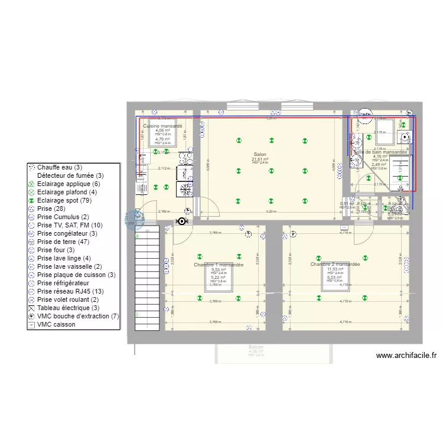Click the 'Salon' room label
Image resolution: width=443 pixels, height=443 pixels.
click(x=260, y=154)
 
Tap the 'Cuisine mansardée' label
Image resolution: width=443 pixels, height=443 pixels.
click(x=162, y=126)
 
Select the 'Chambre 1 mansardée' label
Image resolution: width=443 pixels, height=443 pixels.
click(x=219, y=265)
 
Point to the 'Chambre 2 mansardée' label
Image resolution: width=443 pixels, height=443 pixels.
click(x=335, y=264)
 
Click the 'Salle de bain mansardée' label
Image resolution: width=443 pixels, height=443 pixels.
click(x=380, y=152)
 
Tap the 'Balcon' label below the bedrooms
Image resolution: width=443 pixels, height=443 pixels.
click(x=256, y=347)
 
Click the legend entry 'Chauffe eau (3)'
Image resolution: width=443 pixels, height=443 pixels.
click(x=60, y=168)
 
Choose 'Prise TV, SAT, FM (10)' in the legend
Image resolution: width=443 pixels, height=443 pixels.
click(x=69, y=225)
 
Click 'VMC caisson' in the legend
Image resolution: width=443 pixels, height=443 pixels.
click(x=57, y=324)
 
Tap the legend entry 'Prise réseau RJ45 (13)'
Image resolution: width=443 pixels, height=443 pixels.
click(x=70, y=291)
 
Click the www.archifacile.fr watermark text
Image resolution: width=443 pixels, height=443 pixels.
click(x=406, y=356)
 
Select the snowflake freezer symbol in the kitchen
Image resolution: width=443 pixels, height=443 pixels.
click(x=186, y=190)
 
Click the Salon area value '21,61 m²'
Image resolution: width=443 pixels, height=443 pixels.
click(x=260, y=159)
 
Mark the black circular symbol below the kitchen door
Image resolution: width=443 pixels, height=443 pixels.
click(x=181, y=221)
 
